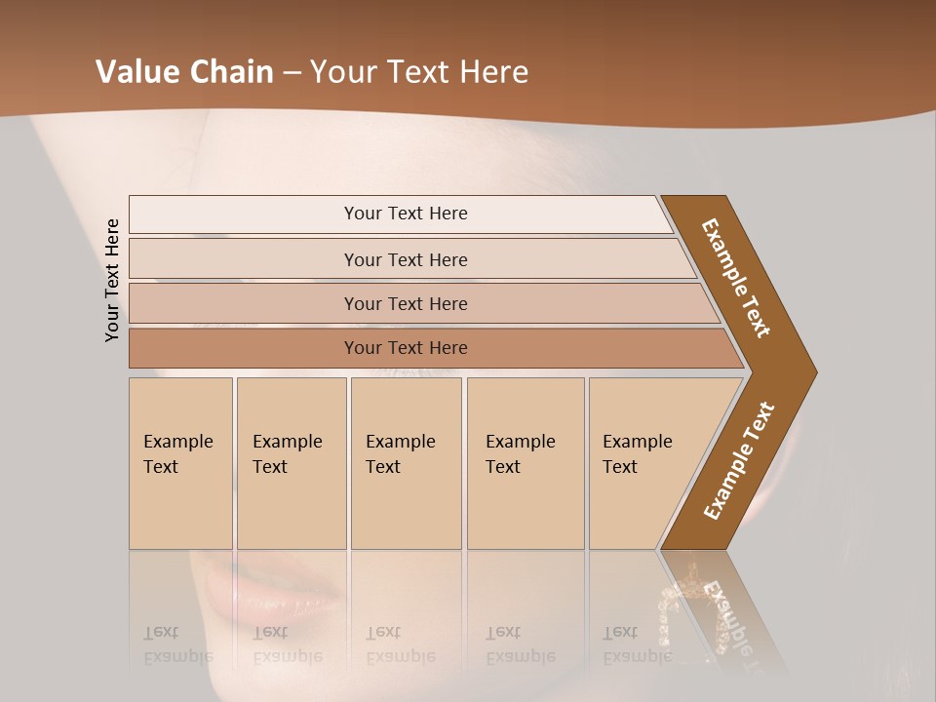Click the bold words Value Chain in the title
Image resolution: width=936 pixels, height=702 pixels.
pyautogui.click(x=184, y=72)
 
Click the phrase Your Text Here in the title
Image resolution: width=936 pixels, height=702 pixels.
pyautogui.click(x=419, y=72)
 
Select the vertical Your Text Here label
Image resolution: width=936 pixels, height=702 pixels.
pyautogui.click(x=113, y=280)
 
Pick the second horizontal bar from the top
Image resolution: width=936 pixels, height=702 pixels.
pyautogui.click(x=406, y=259)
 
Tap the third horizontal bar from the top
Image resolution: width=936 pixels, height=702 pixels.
pyautogui.click(x=406, y=303)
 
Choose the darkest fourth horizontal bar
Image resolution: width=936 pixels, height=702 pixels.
pyautogui.click(x=406, y=348)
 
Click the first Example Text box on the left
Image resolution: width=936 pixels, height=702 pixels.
pyautogui.click(x=180, y=463)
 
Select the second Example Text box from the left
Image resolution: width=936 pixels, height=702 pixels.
pyautogui.click(x=291, y=463)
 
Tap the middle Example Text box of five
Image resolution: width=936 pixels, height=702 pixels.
pyautogui.click(x=406, y=463)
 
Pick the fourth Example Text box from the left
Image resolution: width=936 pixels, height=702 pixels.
pyautogui.click(x=525, y=463)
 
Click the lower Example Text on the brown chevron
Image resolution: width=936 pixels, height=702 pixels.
pyautogui.click(x=739, y=460)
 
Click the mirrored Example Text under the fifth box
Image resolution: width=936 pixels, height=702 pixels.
pyautogui.click(x=637, y=644)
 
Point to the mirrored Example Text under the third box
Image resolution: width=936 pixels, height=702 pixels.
pyautogui.click(x=400, y=644)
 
